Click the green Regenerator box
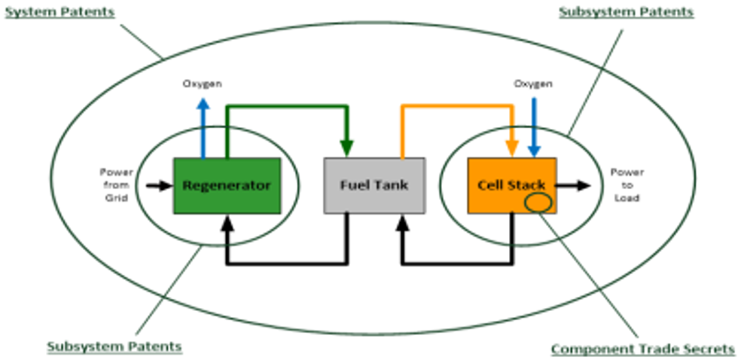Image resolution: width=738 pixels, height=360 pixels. coord(227,185)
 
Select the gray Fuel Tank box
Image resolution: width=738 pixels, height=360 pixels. coord(374,185)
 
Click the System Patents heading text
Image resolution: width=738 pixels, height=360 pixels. coord(59,12)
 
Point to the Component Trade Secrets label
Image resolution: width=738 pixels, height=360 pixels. coord(642,349)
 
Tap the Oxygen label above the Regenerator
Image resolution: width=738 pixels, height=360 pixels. coord(203,84)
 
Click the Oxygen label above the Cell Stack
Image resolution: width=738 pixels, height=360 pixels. coord(533,84)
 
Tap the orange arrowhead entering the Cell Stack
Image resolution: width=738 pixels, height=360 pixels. coord(512,148)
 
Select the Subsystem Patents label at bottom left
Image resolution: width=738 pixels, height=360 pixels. coord(114,346)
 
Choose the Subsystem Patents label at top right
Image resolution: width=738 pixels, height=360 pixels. coord(627,12)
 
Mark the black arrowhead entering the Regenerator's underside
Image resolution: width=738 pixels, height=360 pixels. coord(227,222)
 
